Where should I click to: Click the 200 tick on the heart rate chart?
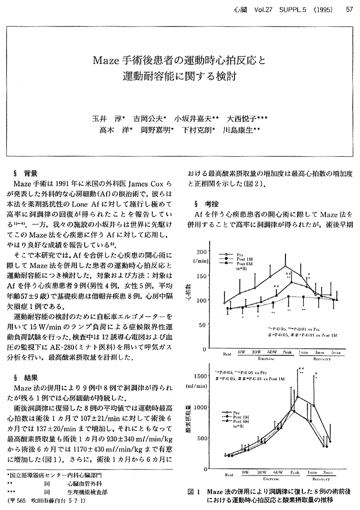pyautogui.click(x=200, y=252)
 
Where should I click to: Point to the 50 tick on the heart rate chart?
pyautogui.click(x=202, y=325)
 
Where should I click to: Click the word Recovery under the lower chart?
pyautogui.click(x=321, y=479)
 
